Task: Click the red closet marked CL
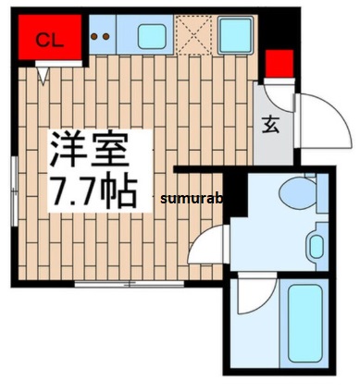tap(47, 39)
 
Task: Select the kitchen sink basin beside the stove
tap(151, 36)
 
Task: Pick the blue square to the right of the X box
tap(237, 36)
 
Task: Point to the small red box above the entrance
tap(279, 63)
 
